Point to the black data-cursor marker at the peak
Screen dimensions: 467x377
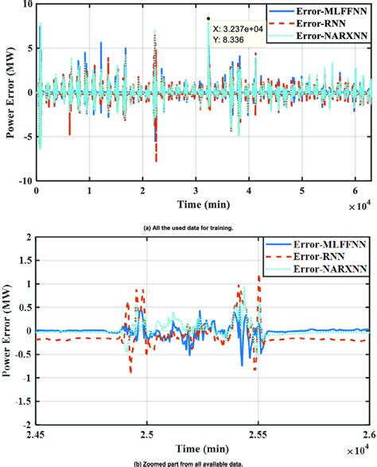tap(208, 18)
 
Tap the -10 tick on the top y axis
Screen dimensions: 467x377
tap(24, 181)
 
